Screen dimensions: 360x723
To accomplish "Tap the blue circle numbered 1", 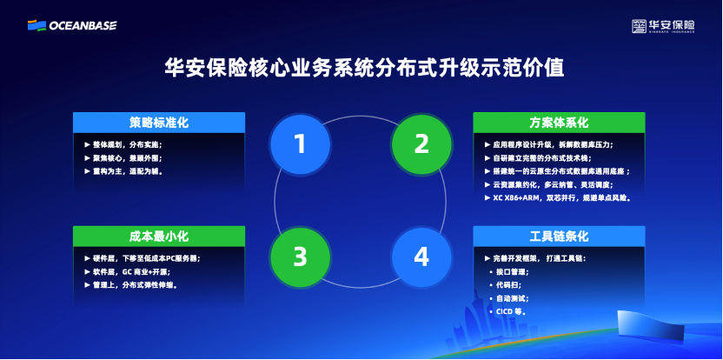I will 300,143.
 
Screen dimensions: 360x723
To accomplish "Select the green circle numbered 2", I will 421,143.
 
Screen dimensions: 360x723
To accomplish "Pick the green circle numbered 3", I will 300,257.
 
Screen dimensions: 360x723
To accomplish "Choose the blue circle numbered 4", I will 421,257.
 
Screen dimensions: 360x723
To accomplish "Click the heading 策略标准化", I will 159,123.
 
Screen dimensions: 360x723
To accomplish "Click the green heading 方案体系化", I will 559,123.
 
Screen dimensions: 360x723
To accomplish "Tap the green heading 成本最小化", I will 159,236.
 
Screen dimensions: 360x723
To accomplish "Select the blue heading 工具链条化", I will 559,236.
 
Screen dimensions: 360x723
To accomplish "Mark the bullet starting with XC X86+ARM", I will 560,198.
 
